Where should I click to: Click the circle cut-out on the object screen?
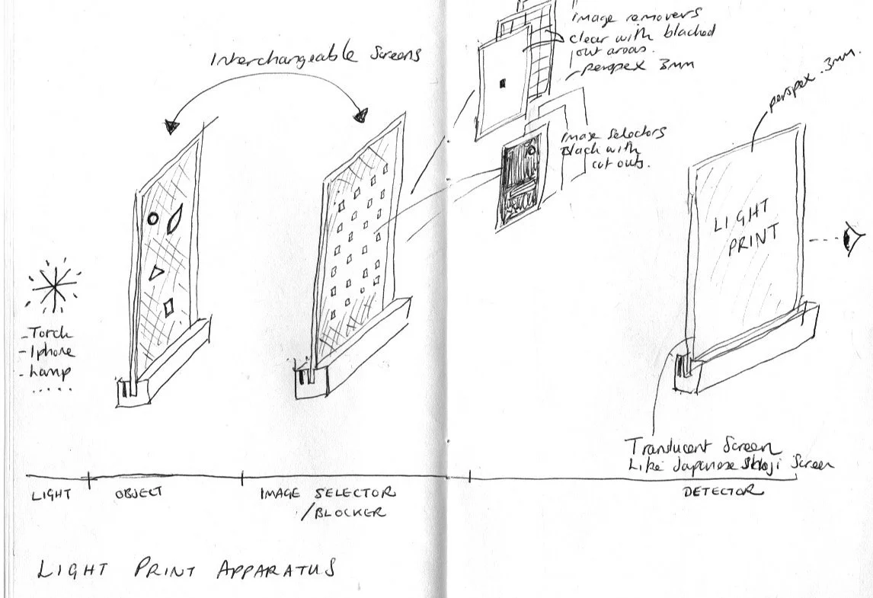point(152,219)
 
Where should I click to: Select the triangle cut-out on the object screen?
point(158,272)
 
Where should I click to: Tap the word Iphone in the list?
point(53,352)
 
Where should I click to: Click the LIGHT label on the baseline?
point(51,494)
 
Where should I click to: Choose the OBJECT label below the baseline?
point(139,493)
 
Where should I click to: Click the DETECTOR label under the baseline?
point(722,492)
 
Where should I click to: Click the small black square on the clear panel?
point(501,85)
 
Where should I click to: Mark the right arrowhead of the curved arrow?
point(361,116)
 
